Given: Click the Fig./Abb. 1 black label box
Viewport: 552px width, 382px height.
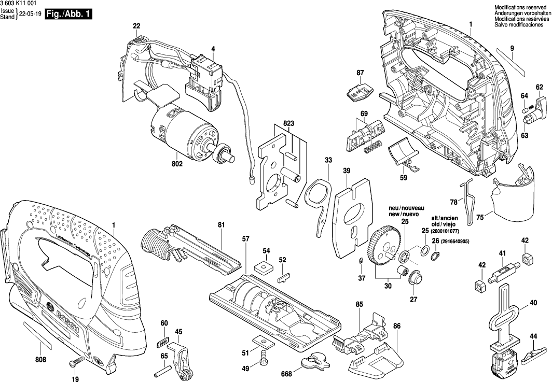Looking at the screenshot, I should (68, 15).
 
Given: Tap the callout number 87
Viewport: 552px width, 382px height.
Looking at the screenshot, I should (360, 73).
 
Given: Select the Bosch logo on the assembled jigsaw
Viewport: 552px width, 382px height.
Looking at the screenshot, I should (65, 317).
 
